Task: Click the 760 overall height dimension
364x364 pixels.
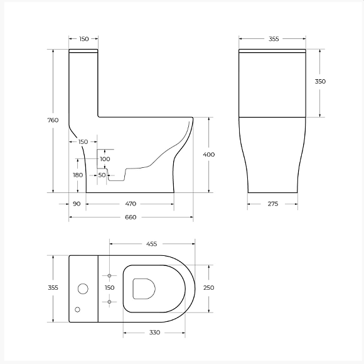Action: click(x=53, y=120)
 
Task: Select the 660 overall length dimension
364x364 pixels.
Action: click(x=131, y=218)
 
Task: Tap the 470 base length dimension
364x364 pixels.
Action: click(x=131, y=204)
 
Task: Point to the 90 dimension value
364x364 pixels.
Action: click(x=77, y=204)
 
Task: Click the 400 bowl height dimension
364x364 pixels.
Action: click(x=209, y=155)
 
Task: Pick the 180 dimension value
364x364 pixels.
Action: click(x=78, y=175)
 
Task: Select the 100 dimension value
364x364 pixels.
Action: click(x=105, y=159)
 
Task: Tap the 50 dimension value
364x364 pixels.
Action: click(x=102, y=175)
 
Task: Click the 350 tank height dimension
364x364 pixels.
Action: click(x=320, y=81)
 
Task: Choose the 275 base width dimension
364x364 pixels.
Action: click(x=273, y=204)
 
